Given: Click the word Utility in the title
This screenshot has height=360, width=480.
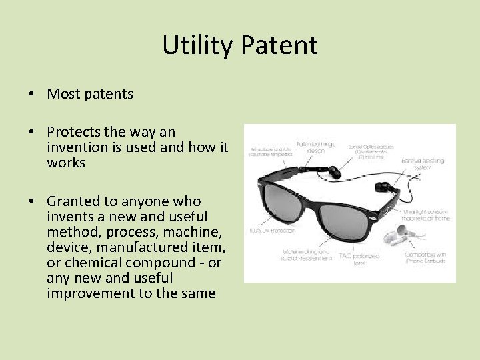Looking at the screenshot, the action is [198, 45].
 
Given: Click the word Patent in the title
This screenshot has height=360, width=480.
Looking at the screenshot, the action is [279, 45].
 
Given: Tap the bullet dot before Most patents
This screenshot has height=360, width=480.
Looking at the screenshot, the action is [32, 95].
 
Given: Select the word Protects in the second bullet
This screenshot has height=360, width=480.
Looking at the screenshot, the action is [75, 133].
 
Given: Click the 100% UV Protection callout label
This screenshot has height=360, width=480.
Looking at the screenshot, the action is [271, 231].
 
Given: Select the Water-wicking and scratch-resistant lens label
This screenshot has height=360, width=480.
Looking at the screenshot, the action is [306, 256].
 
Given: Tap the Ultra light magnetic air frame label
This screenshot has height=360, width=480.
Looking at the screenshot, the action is [427, 215].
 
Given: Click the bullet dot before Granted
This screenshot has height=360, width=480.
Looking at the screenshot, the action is [32, 201].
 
